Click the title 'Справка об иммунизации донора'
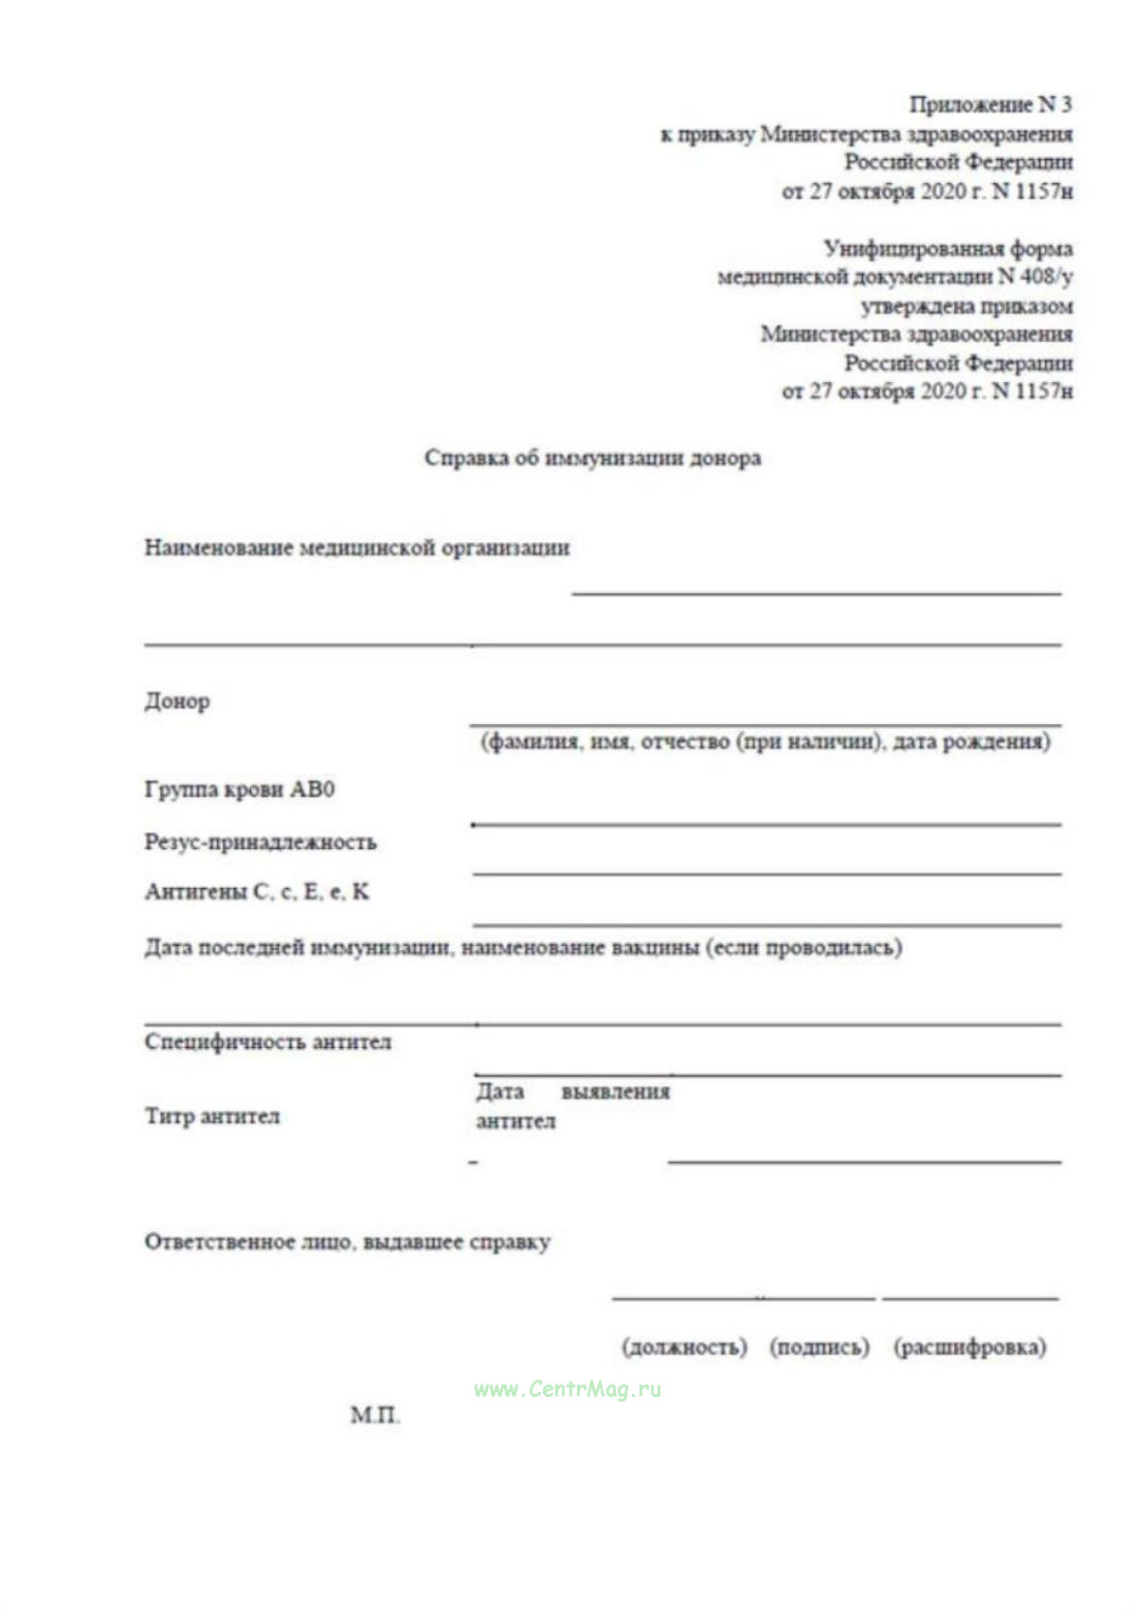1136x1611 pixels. pyautogui.click(x=592, y=459)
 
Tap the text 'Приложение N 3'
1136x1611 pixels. pyautogui.click(x=990, y=104)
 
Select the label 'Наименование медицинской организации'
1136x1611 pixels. pyautogui.click(x=357, y=548)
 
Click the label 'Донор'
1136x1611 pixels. pyautogui.click(x=177, y=702)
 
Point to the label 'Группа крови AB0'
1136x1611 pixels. pyautogui.click(x=240, y=789)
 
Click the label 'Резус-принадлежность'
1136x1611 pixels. pyautogui.click(x=261, y=842)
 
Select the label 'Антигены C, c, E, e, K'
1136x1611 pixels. pyautogui.click(x=257, y=892)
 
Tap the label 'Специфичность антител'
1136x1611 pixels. pyautogui.click(x=268, y=1042)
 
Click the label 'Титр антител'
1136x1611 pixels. pyautogui.click(x=212, y=1116)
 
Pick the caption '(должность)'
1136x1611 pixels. pyautogui.click(x=684, y=1347)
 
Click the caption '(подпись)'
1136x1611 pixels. pyautogui.click(x=820, y=1347)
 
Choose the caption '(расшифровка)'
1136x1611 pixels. pyautogui.click(x=970, y=1347)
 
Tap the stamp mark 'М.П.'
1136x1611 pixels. pyautogui.click(x=375, y=1416)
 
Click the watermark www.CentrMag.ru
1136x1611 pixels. pyautogui.click(x=568, y=1389)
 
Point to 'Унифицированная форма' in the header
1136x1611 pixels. pyautogui.click(x=947, y=249)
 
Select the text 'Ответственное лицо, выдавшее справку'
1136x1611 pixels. pyautogui.click(x=348, y=1242)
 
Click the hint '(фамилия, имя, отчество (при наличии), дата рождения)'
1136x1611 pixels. pyautogui.click(x=766, y=741)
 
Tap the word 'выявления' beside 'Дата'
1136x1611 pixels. pyautogui.click(x=616, y=1092)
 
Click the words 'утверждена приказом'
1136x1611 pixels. pyautogui.click(x=966, y=306)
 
